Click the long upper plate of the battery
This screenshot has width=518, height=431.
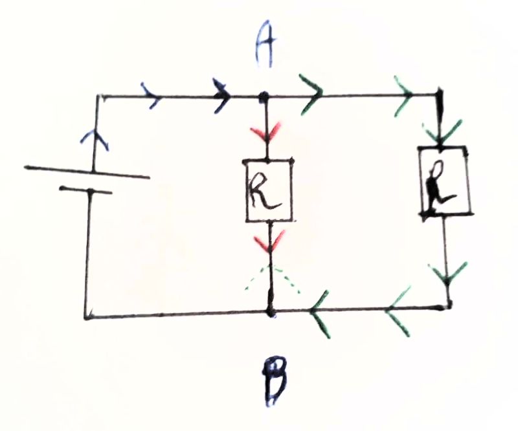[87, 172]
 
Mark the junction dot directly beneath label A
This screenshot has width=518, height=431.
[264, 98]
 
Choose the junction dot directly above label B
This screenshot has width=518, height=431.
[271, 313]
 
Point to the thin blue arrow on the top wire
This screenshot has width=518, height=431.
[153, 98]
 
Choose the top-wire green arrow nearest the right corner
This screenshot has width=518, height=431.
[404, 96]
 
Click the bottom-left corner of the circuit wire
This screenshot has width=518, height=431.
[86, 317]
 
